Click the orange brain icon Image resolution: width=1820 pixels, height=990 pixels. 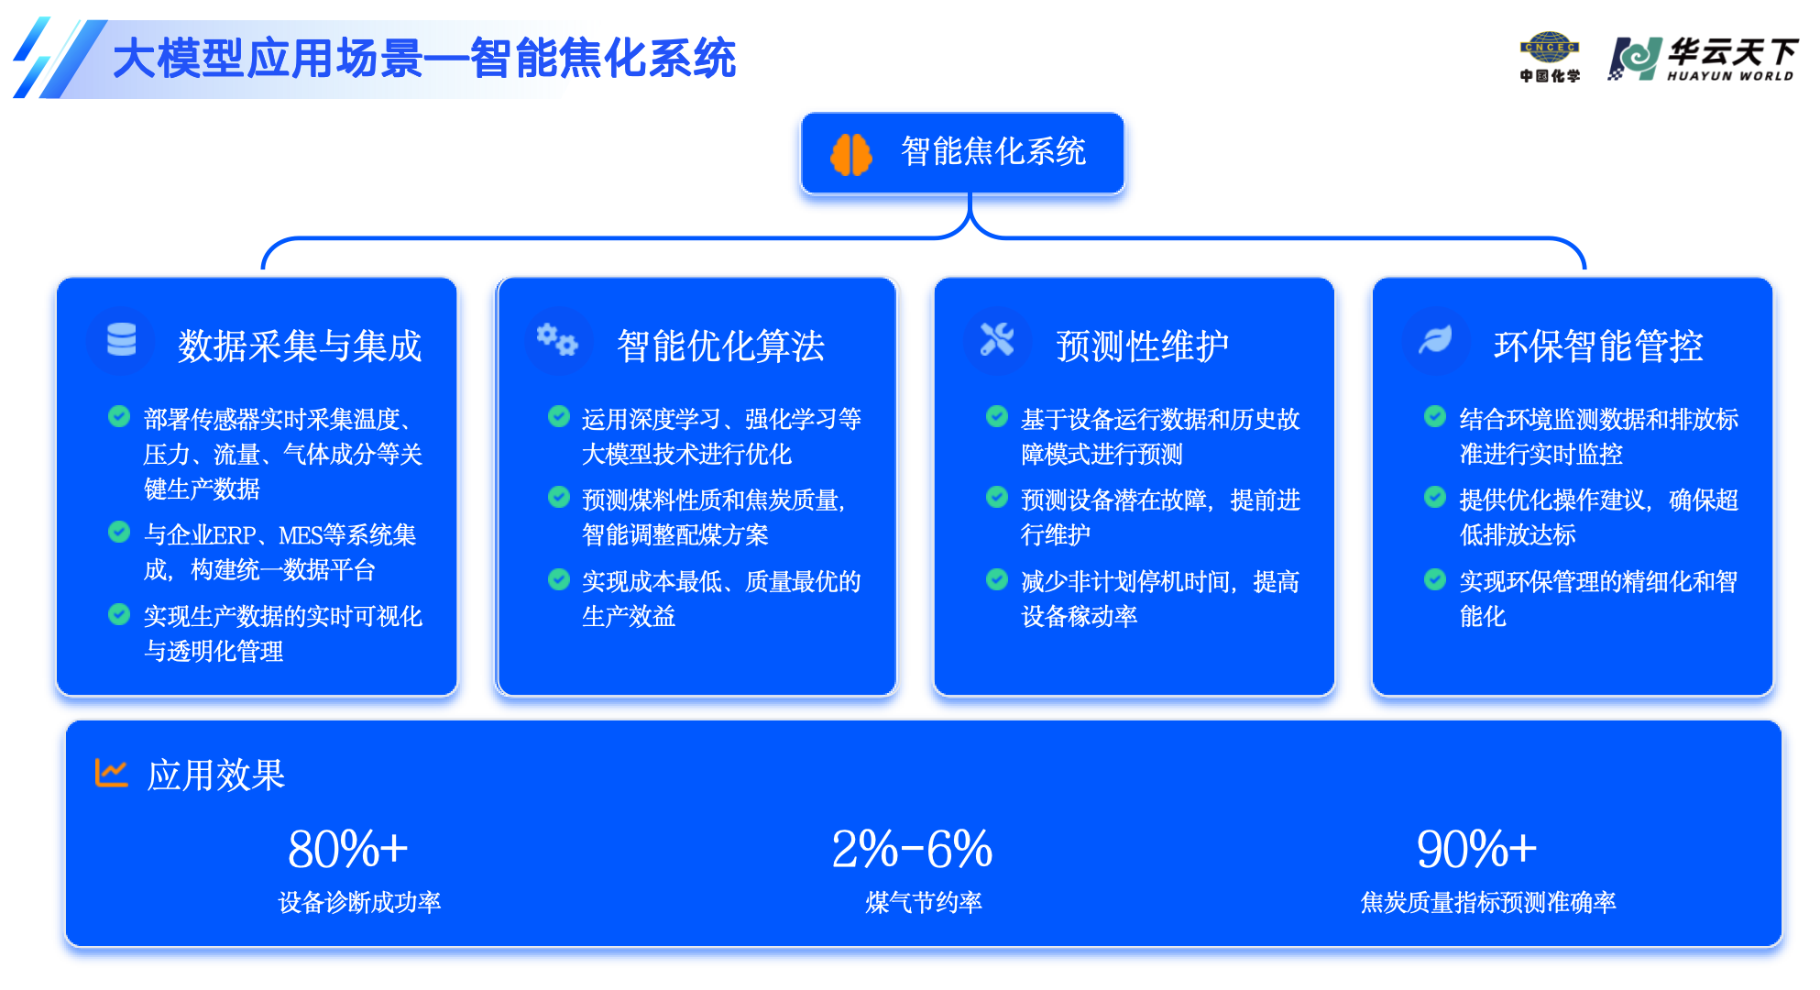pyautogui.click(x=850, y=154)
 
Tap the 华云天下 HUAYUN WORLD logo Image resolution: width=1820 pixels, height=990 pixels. pyautogui.click(x=1704, y=60)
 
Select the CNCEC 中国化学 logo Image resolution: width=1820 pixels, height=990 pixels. pyautogui.click(x=1550, y=58)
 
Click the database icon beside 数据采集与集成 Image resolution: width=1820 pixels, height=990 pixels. pyautogui.click(x=121, y=339)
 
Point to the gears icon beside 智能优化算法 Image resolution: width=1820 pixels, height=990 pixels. pyautogui.click(x=557, y=339)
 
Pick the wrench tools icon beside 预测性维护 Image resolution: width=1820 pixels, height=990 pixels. pyautogui.click(x=997, y=339)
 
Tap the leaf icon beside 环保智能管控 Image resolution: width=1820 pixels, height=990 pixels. pyautogui.click(x=1435, y=339)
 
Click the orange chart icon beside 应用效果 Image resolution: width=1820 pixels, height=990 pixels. pyautogui.click(x=111, y=773)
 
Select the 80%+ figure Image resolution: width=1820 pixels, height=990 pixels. pyautogui.click(x=348, y=849)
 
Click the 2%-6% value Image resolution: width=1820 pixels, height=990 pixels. pyautogui.click(x=912, y=849)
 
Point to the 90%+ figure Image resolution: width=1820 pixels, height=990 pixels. pyautogui.click(x=1476, y=849)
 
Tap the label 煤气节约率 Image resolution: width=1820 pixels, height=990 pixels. pyautogui.click(x=924, y=903)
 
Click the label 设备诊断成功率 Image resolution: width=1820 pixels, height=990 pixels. pyautogui.click(x=359, y=903)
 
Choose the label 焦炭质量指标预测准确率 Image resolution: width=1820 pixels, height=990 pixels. pyautogui.click(x=1488, y=903)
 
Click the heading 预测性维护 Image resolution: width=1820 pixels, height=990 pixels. pyautogui.click(x=1142, y=346)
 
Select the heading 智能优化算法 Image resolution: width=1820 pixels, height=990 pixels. pyautogui.click(x=720, y=346)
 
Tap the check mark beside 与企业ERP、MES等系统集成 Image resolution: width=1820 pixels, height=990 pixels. pyautogui.click(x=119, y=532)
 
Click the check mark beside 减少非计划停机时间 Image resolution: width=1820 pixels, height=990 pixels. pyautogui.click(x=997, y=579)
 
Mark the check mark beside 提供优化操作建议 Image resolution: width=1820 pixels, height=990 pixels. pyautogui.click(x=1435, y=497)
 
